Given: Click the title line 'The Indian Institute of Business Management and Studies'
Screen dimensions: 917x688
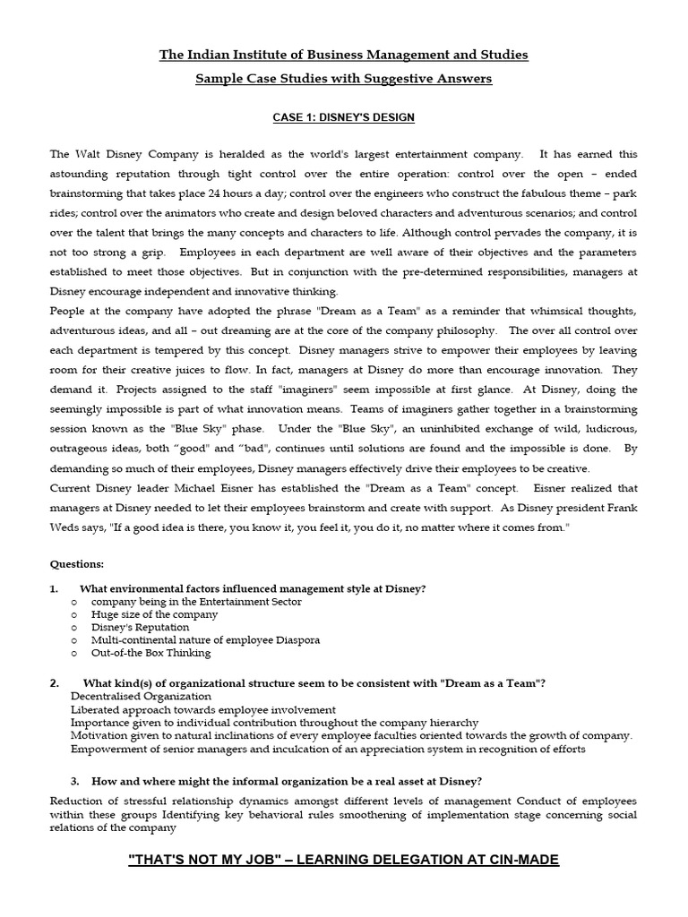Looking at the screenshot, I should pos(344,56).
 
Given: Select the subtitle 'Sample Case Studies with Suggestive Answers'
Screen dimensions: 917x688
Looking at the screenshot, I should pos(344,79).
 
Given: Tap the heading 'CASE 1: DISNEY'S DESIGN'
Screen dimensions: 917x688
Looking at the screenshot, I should pos(344,117).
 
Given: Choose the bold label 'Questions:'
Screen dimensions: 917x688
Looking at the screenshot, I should pos(77,564).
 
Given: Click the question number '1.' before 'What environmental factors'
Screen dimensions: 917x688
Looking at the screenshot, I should pos(55,588).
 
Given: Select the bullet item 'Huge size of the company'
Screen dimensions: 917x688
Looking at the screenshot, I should pos(154,614).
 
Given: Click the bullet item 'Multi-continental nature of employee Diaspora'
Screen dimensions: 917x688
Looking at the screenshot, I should pos(205,640).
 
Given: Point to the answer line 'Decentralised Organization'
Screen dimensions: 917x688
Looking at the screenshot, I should pos(141,696).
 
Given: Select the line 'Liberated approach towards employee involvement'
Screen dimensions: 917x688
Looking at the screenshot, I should pos(203,709).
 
